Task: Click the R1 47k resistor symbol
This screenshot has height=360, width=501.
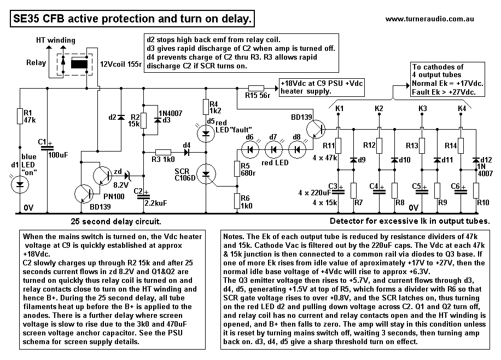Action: click(20, 115)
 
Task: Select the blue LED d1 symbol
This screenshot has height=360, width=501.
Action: click(20, 184)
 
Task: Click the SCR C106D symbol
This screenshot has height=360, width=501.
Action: click(206, 174)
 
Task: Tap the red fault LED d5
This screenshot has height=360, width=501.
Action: click(206, 131)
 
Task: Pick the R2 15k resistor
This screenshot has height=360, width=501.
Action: click(143, 120)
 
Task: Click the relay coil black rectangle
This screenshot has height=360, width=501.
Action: click(80, 63)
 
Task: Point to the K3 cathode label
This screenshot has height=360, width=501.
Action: click(422, 109)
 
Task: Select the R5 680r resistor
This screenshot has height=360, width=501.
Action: click(236, 169)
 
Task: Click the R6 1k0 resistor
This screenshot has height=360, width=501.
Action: click(236, 201)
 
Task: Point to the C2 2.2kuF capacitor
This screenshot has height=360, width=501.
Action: click(143, 192)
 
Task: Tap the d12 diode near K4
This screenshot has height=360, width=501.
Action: click(476, 160)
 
